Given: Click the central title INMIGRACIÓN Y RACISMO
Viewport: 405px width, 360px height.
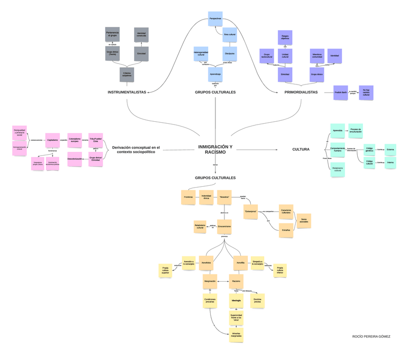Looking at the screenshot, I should click(x=215, y=149).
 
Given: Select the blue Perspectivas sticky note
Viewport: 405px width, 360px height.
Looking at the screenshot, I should click(x=215, y=18).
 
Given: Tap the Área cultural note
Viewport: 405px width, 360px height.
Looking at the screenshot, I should click(x=230, y=35).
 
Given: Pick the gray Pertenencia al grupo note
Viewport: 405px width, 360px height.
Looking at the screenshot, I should click(x=112, y=34).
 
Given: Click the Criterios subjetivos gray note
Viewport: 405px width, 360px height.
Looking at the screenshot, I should click(x=127, y=74).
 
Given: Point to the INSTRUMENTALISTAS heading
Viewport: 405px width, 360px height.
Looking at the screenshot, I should click(x=127, y=92).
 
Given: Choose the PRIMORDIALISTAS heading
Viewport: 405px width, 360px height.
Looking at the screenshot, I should click(x=301, y=92).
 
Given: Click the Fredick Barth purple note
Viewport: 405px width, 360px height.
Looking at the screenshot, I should click(x=340, y=92).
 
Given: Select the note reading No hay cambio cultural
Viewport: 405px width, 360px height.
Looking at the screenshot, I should click(x=366, y=93).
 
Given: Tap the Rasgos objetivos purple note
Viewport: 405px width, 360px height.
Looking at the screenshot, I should click(x=285, y=37).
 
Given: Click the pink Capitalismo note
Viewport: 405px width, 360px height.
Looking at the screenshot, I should click(x=53, y=140).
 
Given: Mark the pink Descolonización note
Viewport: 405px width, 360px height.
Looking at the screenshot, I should click(x=75, y=159).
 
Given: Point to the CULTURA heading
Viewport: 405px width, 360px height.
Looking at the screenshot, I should click(x=301, y=149).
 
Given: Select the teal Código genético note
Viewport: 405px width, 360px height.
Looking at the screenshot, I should click(x=370, y=149).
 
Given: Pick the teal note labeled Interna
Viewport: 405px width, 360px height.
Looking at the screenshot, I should click(x=390, y=162).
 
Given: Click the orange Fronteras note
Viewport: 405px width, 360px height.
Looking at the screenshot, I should click(x=188, y=197).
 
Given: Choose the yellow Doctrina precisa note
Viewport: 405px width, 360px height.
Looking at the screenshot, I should click(x=257, y=300).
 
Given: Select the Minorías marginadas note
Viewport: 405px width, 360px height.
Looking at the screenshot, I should click(x=236, y=335).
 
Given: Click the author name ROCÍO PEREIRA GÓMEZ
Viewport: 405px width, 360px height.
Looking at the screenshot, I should click(x=371, y=337).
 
